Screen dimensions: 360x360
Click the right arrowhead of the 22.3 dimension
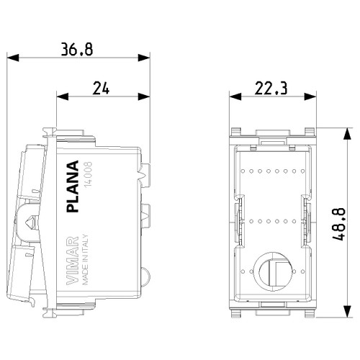(311, 96)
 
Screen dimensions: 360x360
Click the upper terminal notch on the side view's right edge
(146, 174)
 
